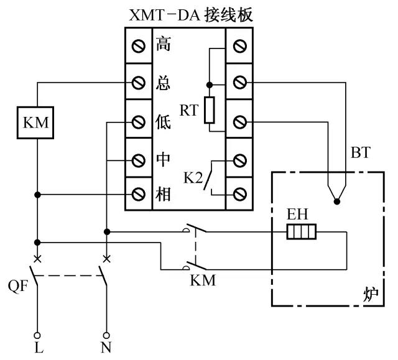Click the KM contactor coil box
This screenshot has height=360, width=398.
point(35,122)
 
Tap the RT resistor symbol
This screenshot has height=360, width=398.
point(210,110)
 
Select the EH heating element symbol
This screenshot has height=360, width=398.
point(302,232)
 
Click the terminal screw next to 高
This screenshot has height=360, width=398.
point(139,46)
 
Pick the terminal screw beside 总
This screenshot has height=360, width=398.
point(139,83)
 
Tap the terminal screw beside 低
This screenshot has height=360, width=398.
point(139,122)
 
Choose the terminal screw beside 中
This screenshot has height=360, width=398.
point(139,160)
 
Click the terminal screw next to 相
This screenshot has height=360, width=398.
point(139,195)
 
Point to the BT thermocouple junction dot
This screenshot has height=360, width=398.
point(337,201)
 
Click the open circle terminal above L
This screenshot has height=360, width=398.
point(37,336)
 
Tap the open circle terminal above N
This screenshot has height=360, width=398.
point(106,336)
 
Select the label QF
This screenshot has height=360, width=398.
point(18,286)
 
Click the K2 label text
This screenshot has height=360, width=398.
point(193,178)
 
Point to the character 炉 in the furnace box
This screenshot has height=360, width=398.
point(371,295)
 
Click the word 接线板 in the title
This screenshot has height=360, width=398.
point(229,15)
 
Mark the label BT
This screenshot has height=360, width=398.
point(361,152)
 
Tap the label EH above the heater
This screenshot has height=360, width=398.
point(297,214)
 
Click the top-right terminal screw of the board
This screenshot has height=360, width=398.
point(239,46)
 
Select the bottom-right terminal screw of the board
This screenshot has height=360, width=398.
point(239,195)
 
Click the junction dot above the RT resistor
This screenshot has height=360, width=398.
point(210,85)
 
